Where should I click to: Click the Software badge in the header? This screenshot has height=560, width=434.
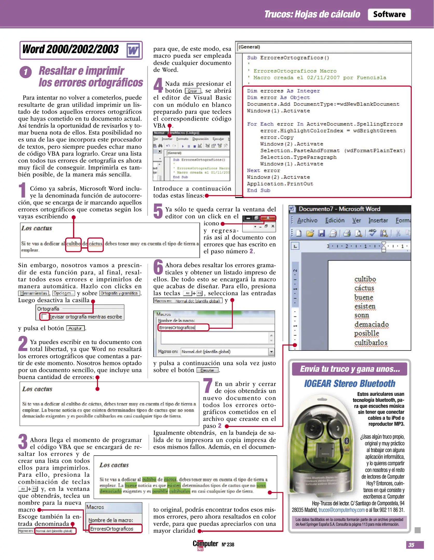tap(389, 15)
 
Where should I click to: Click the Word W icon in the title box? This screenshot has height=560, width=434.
tap(133, 50)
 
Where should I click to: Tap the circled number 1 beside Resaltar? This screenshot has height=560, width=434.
tap(25, 72)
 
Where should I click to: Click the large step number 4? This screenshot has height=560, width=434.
tap(158, 85)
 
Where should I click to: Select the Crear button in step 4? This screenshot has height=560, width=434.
tap(193, 91)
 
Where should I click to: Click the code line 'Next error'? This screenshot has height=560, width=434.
tap(263, 171)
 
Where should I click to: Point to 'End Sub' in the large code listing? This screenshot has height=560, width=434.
tap(258, 191)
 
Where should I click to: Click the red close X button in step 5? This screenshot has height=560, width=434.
tap(268, 218)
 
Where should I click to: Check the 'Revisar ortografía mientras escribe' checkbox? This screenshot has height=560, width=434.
tap(44, 316)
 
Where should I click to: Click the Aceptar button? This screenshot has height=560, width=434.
tap(75, 328)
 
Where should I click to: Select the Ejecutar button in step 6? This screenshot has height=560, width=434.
tap(207, 370)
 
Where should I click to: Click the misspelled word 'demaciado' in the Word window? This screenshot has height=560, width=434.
tap(371, 324)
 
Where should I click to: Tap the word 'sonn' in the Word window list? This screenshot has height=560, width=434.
tap(361, 315)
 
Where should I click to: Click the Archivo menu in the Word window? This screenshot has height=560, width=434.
tap(307, 220)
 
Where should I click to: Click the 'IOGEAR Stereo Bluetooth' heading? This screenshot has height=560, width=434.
tap(349, 383)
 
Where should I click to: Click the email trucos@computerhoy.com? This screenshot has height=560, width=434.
tap(341, 510)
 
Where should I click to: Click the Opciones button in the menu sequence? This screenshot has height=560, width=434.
tap(64, 293)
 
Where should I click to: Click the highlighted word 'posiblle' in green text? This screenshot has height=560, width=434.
tap(160, 491)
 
